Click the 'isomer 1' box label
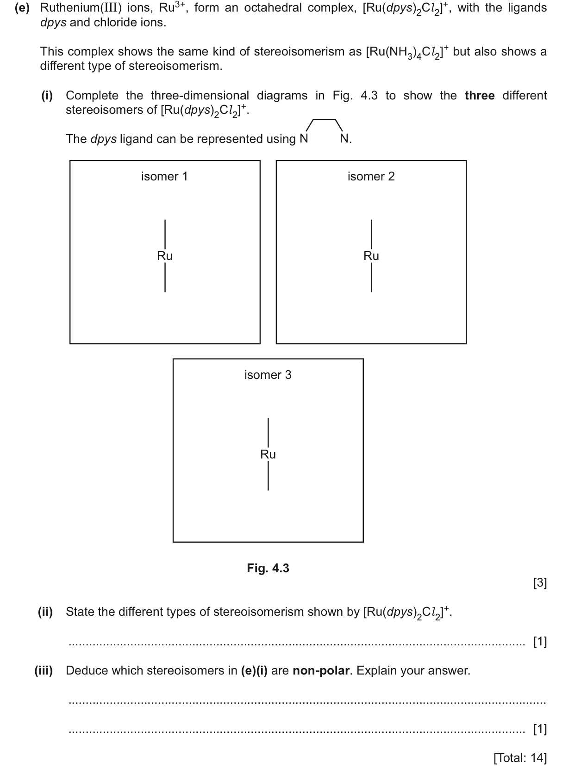coord(164,176)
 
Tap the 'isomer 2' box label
coord(371,176)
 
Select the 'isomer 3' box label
coord(268,375)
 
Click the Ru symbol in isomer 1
coord(165,256)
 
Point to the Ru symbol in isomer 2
coord(371,256)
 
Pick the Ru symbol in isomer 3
coord(268,454)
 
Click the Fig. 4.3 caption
coord(268,568)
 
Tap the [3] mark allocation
coord(540,583)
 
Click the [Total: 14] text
coord(520,758)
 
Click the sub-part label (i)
coord(47,96)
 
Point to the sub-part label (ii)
coord(45,612)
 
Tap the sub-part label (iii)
coord(44,671)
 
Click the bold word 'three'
coord(480,96)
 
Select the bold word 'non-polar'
coord(321,671)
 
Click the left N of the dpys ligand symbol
coord(304,139)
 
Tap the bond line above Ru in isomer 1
coord(165,234)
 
